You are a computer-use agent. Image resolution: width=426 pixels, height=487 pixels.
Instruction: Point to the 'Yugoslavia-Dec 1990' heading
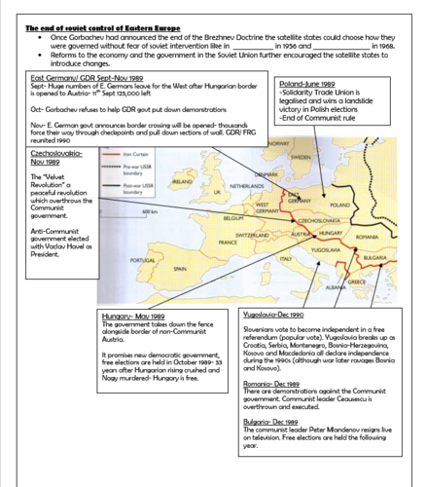(278, 317)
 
